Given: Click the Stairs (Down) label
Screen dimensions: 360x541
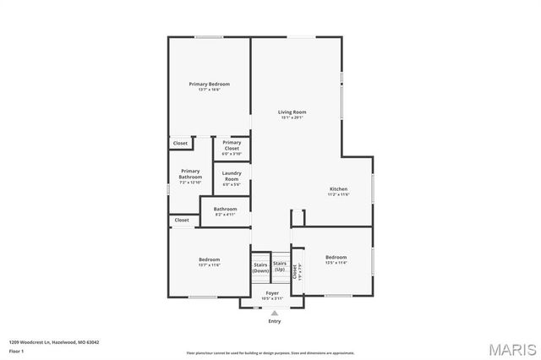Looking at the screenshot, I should pos(261,268).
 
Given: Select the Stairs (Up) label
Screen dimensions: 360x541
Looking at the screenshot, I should pos(280,268).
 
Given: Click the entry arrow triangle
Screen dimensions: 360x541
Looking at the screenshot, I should pos(274,313).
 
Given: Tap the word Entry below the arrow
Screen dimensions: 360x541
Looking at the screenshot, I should pos(274,321).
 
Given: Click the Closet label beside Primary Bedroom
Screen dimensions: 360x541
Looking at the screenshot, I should pos(180,144).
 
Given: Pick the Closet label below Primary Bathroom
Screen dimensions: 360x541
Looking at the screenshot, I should pos(181,221).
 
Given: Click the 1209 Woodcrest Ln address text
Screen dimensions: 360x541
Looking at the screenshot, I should pos(54,342).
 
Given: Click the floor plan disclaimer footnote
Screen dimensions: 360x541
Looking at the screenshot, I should pos(270,352).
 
